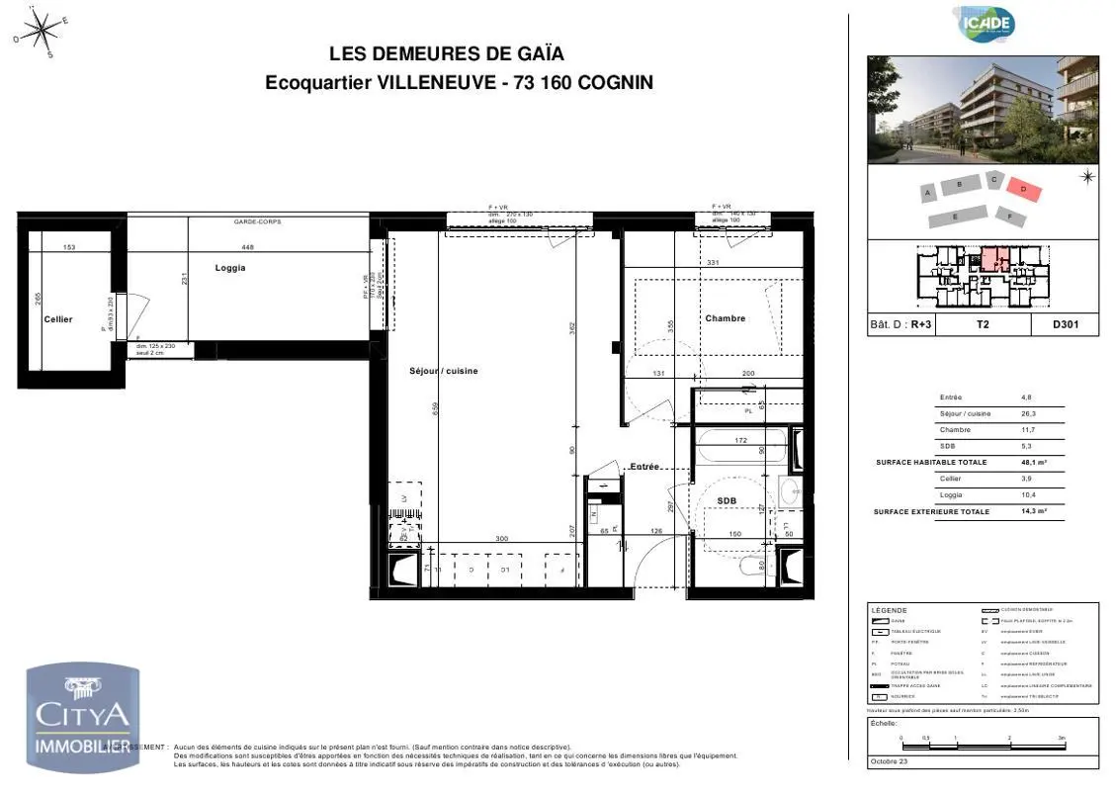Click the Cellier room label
click(x=58, y=319)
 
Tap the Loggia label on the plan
click(x=230, y=268)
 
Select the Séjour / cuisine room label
click(x=444, y=371)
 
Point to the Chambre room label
click(x=725, y=318)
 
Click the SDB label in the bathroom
click(x=727, y=501)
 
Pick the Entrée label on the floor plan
click(x=645, y=466)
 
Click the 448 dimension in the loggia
click(x=248, y=247)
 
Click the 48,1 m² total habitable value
click(x=1034, y=462)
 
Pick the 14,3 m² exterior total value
click(x=1034, y=511)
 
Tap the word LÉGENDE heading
click(x=889, y=610)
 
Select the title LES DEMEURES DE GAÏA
click(x=447, y=54)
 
